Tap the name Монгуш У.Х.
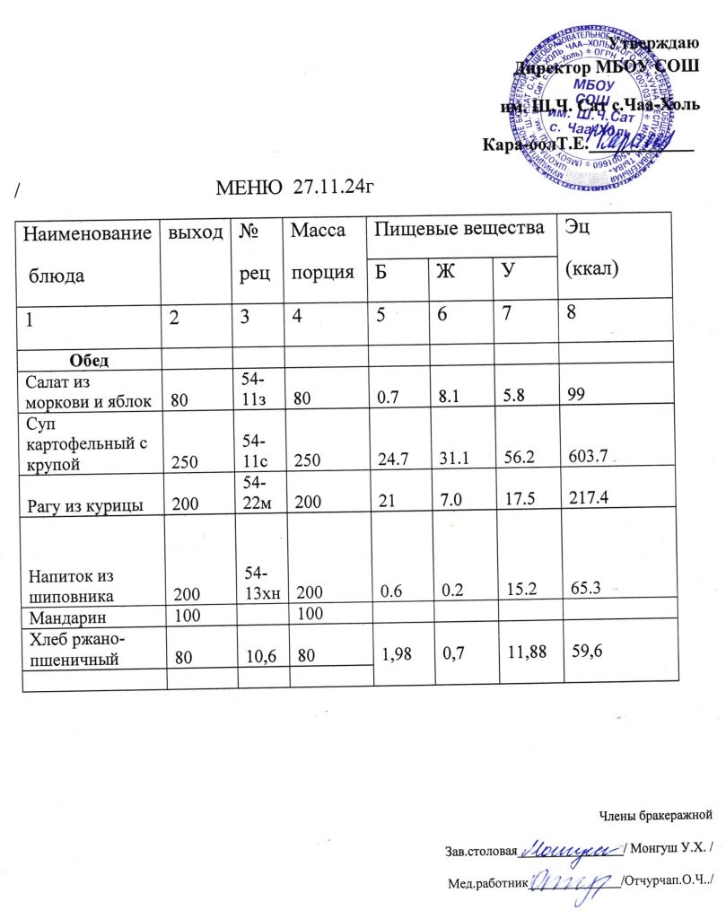tap(672, 849)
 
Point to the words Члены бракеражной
tap(657, 816)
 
